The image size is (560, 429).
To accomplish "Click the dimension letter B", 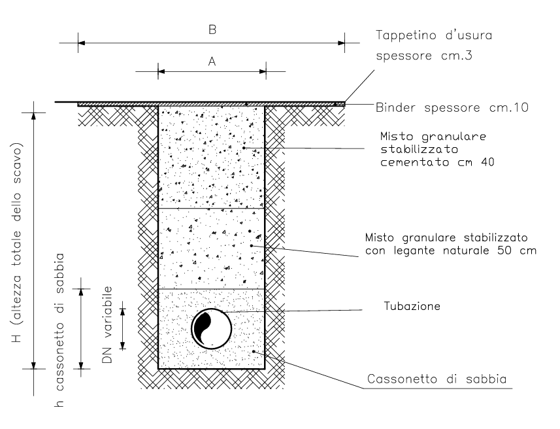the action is [212, 29].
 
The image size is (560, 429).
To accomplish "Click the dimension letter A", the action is [212, 62].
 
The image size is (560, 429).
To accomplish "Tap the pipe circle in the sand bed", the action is [212, 328].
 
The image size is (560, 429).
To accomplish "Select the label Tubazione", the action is [412, 306].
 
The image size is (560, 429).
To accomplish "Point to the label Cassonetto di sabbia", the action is [436, 379].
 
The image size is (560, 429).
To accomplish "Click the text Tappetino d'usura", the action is [434, 35].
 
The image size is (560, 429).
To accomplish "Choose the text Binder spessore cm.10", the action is [452, 108].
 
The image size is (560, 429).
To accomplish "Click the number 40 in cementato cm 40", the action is [487, 162].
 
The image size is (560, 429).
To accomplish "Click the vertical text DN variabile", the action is [107, 324].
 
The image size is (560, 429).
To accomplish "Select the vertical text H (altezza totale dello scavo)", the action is [16, 243].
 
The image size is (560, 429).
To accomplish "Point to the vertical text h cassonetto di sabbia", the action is [60, 330].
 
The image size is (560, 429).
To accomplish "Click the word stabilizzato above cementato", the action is [419, 149].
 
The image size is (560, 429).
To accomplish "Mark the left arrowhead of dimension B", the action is [82, 43].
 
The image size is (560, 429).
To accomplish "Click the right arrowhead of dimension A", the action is [263, 71].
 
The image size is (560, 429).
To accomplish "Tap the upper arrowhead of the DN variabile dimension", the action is [123, 312].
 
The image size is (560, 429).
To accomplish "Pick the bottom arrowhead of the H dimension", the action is [33, 365].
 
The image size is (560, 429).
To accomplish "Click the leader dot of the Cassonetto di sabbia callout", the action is [254, 351].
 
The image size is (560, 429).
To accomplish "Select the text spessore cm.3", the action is [424, 56].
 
